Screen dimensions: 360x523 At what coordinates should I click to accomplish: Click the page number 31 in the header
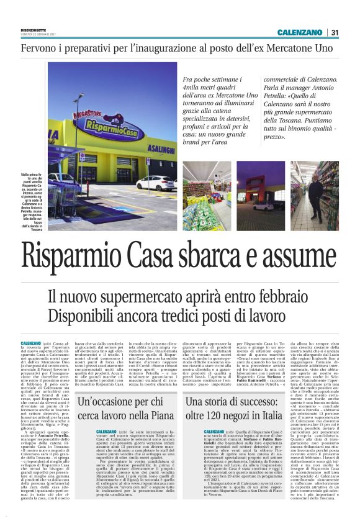click(x=335, y=32)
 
